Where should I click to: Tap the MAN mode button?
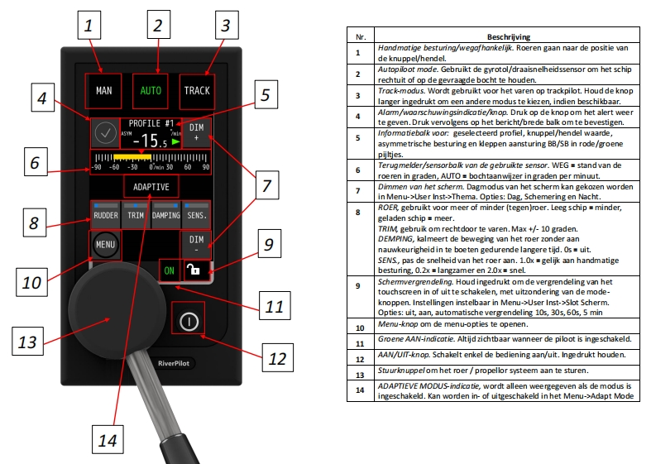[x=103, y=90]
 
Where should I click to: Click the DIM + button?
[x=195, y=134]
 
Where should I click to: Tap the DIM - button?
[x=195, y=244]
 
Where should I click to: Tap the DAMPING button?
[x=166, y=215]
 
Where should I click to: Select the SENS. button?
[x=197, y=215]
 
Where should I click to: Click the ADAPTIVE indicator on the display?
[x=151, y=186]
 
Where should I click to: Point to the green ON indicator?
[x=169, y=270]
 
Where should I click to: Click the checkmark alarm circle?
[x=104, y=133]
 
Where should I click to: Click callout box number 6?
[x=34, y=162]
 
